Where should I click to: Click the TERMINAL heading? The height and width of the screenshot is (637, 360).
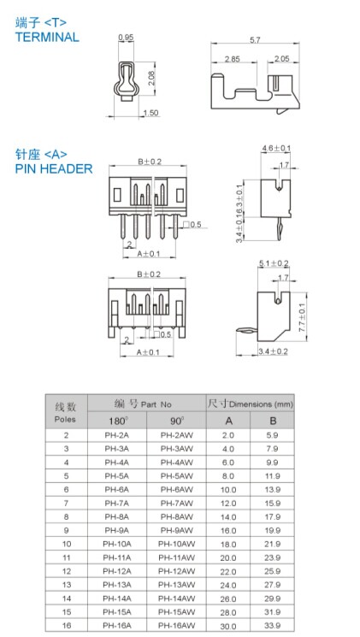[x=47, y=37]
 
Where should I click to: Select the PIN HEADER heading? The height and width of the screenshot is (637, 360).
[x=54, y=168]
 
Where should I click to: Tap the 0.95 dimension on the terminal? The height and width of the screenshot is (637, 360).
[x=126, y=38]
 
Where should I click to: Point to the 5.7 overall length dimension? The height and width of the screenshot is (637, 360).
[x=255, y=40]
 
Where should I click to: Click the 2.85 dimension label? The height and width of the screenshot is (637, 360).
[x=233, y=59]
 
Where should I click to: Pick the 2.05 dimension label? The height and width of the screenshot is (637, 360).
[x=281, y=59]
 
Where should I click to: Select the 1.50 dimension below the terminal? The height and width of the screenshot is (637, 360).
[x=151, y=113]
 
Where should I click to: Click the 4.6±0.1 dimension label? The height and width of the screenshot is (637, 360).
[x=276, y=148]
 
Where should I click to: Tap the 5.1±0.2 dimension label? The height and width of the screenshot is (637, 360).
[x=274, y=263]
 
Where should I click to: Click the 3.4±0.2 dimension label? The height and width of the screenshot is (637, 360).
[x=273, y=351]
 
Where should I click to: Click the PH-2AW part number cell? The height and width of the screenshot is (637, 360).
[x=177, y=435]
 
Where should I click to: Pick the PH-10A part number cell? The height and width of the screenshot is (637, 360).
[x=117, y=544]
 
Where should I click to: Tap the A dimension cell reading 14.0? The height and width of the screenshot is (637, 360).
[x=228, y=517]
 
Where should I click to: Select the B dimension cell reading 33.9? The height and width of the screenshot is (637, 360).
[x=272, y=626]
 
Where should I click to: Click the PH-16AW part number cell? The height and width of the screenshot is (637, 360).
[x=177, y=626]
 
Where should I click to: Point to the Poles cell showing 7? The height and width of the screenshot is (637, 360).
[x=66, y=504]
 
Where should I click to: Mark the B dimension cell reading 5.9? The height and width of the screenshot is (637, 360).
[x=272, y=435]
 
